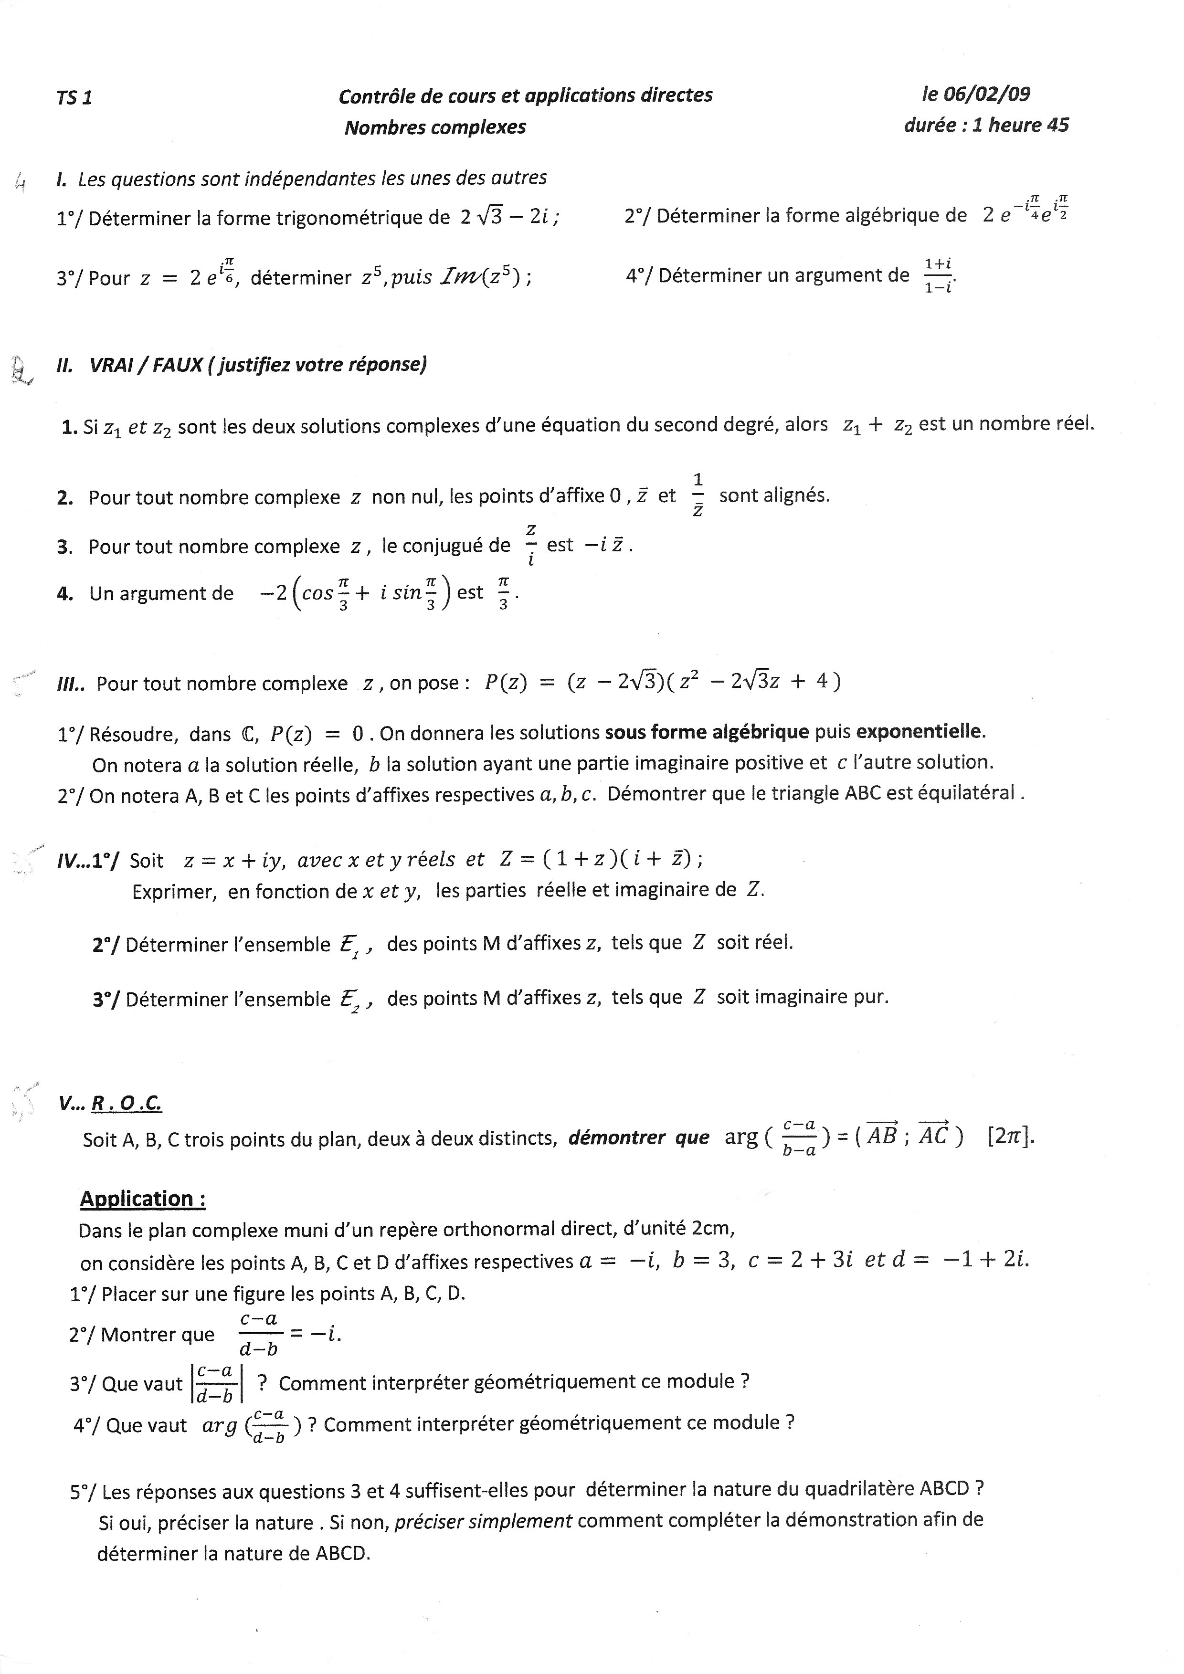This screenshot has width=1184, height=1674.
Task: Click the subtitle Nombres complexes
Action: point(435,127)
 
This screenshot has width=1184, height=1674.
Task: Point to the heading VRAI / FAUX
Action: point(146,365)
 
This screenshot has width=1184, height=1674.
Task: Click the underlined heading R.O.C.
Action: point(126,1104)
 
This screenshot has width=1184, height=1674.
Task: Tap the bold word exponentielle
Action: point(920,731)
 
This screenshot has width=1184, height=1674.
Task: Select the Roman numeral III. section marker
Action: point(71,684)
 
